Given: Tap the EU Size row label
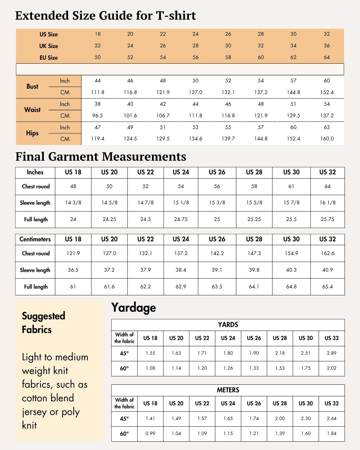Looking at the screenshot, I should pyautogui.click(x=49, y=58).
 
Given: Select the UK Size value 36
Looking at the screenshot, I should pyautogui.click(x=327, y=46).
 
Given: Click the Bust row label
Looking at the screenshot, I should pyautogui.click(x=32, y=86).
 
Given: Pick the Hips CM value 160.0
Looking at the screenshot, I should pyautogui.click(x=327, y=139).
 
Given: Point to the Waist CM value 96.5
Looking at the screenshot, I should pyautogui.click(x=98, y=116).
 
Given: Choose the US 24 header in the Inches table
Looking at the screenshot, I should pyautogui.click(x=181, y=172).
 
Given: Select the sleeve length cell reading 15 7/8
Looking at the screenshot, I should pyautogui.click(x=291, y=203).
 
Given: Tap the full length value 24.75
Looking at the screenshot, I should pyautogui.click(x=181, y=219).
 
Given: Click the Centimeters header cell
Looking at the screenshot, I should pyautogui.click(x=35, y=239).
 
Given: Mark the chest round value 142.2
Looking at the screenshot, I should pyautogui.click(x=217, y=253).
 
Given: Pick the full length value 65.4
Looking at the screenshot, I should pyautogui.click(x=328, y=287).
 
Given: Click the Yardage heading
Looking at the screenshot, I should pyautogui.click(x=134, y=308).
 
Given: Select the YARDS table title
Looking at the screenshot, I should pyautogui.click(x=228, y=325).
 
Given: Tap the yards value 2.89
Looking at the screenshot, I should pyautogui.click(x=332, y=353).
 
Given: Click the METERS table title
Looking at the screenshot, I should pyautogui.click(x=228, y=390).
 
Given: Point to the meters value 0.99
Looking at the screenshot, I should pyautogui.click(x=150, y=433).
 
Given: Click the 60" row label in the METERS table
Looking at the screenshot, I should pyautogui.click(x=124, y=434).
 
